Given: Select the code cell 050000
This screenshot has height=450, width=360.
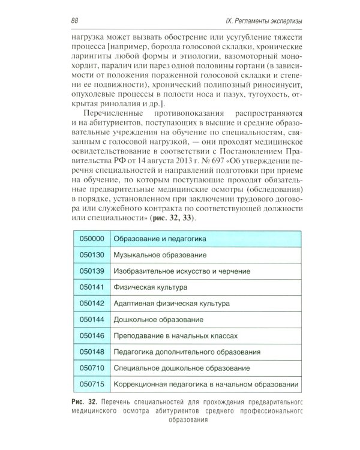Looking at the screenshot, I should pyautogui.click(x=92, y=239).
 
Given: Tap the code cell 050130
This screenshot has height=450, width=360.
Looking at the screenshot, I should pyautogui.click(x=92, y=256).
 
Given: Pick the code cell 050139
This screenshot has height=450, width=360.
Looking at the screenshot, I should pyautogui.click(x=92, y=272).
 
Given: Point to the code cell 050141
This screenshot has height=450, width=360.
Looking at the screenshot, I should pyautogui.click(x=92, y=288).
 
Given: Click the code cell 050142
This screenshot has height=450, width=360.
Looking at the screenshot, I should pyautogui.click(x=92, y=304).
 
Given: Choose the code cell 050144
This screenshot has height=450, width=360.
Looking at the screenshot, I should pyautogui.click(x=92, y=320).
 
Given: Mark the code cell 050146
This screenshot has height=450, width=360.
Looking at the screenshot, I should pyautogui.click(x=92, y=337).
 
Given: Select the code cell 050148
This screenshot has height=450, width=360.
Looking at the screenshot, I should pyautogui.click(x=92, y=353).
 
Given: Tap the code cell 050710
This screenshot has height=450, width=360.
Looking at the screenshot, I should pyautogui.click(x=92, y=368).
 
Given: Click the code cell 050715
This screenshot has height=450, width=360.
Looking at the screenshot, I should pyautogui.click(x=92, y=385).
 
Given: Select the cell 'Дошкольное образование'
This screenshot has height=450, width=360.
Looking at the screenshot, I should pyautogui.click(x=155, y=320).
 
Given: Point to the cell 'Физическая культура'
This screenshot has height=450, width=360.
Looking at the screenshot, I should pyautogui.click(x=149, y=288).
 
